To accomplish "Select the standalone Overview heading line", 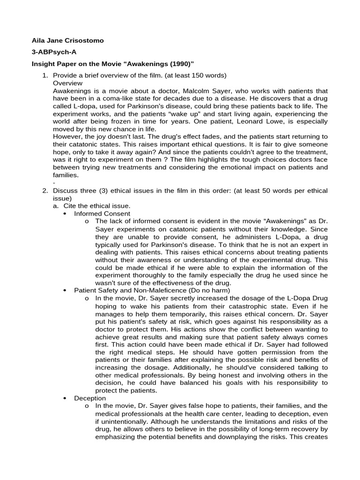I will coord(67,83).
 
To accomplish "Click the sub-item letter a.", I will coord(55,206).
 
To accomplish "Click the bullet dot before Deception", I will coord(65,398).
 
